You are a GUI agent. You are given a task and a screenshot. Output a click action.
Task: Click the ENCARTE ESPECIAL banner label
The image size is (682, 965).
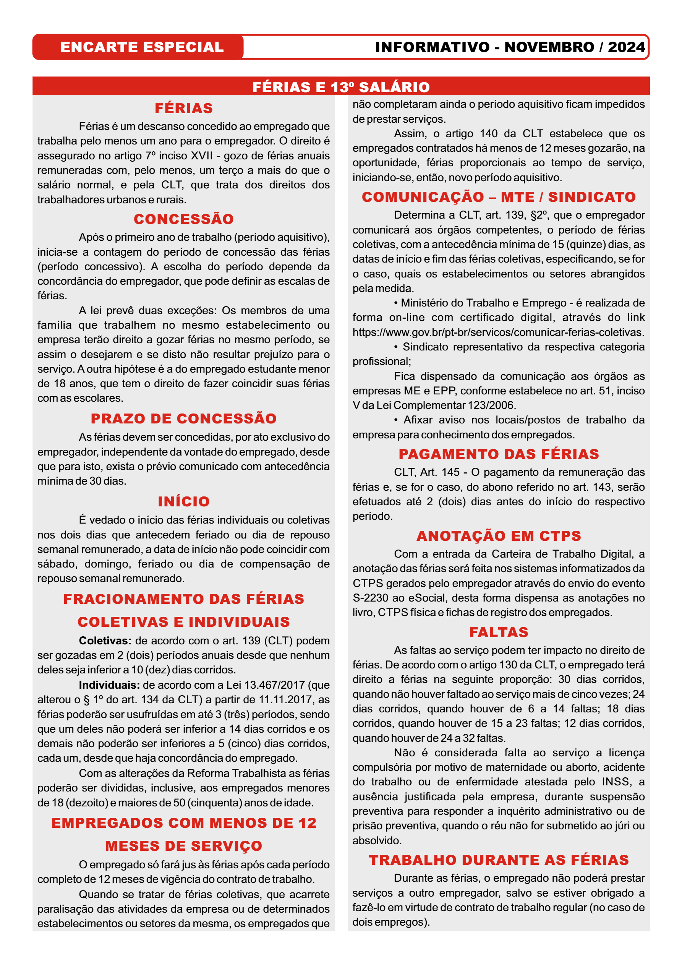point(142,47)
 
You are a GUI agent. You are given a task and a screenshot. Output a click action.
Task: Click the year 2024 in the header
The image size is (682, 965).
point(626,47)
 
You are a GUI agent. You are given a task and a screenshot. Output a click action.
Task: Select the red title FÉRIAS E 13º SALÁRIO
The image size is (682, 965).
point(341,87)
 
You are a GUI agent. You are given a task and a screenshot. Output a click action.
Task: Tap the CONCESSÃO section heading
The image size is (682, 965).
point(184,219)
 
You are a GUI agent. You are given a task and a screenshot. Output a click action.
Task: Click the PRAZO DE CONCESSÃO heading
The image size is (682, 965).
point(184,418)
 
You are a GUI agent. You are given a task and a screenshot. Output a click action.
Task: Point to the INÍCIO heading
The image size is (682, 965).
point(184,501)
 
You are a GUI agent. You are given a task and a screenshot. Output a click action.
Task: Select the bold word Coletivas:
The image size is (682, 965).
point(105,641)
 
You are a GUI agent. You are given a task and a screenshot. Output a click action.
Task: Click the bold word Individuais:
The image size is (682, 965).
point(109,685)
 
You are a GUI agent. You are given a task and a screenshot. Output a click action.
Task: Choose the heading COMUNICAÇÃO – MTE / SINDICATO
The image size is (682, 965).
point(498,197)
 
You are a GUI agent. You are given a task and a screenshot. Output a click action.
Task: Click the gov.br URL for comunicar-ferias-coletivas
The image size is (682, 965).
point(498,332)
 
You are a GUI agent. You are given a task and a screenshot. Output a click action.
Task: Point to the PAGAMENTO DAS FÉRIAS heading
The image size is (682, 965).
point(498,454)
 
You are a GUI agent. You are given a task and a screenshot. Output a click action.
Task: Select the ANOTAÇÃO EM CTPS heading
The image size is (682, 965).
point(498,536)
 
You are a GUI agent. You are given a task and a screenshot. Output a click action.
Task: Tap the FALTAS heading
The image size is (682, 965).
point(498,632)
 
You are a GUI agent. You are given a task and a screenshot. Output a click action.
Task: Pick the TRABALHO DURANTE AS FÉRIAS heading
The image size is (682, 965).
point(498,860)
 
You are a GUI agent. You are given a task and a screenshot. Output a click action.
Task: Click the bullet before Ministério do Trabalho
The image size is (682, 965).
point(396,303)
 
